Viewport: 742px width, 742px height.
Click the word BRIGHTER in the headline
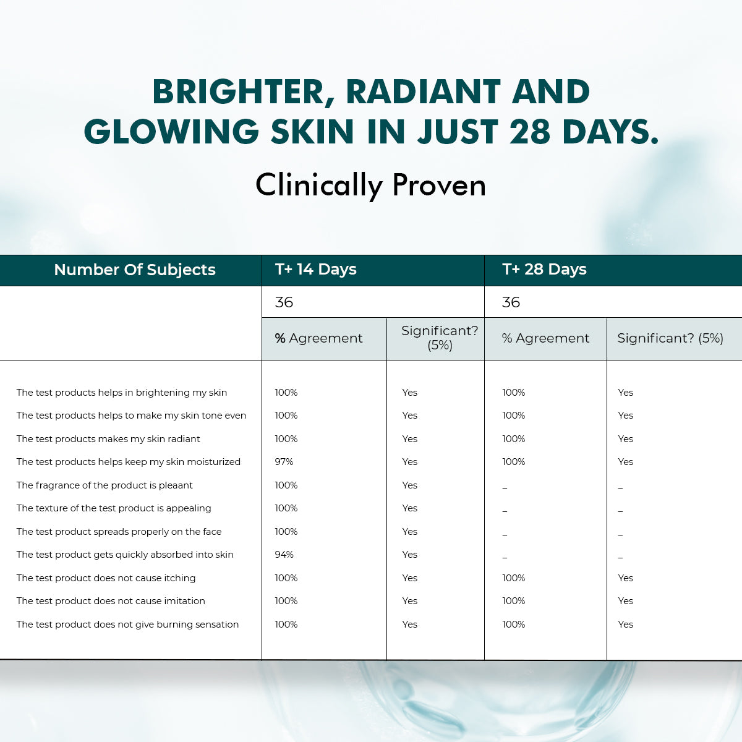click(x=237, y=92)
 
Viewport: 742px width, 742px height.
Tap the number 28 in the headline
click(x=530, y=132)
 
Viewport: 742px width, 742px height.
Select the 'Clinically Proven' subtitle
click(x=371, y=185)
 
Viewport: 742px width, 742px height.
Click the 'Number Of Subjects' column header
click(x=135, y=270)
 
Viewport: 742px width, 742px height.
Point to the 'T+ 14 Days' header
click(x=316, y=270)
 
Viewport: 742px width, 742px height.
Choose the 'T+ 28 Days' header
click(x=544, y=270)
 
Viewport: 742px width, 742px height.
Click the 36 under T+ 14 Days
click(x=284, y=302)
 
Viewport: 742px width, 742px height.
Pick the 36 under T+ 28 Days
click(x=511, y=302)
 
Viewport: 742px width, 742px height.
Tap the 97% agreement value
click(x=284, y=462)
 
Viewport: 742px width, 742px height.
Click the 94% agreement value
click(x=284, y=555)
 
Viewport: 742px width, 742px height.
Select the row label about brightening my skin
click(x=122, y=393)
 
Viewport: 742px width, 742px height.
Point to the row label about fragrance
click(x=104, y=485)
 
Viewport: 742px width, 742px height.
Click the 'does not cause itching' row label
click(x=106, y=578)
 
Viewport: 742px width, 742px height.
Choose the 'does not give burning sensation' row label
click(x=127, y=625)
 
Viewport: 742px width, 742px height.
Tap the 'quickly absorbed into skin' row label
click(x=125, y=555)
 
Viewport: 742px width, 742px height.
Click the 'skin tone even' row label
click(x=131, y=416)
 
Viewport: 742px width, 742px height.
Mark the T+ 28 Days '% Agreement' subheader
click(x=545, y=338)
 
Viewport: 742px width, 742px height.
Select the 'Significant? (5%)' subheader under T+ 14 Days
click(x=440, y=338)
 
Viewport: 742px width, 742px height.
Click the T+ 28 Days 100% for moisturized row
click(x=513, y=462)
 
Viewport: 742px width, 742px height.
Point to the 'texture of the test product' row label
click(x=114, y=508)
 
